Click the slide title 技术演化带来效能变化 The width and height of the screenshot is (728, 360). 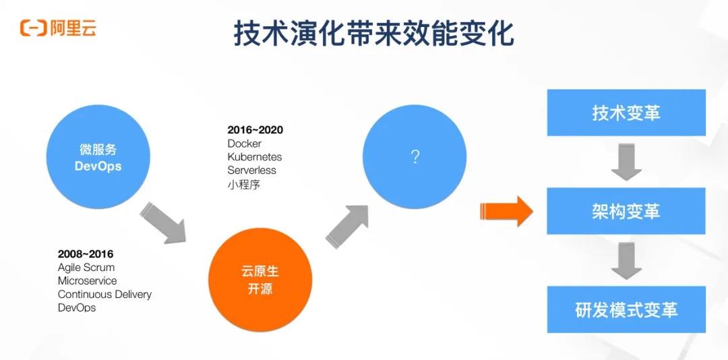(373, 33)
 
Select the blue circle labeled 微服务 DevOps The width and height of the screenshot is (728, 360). (98, 157)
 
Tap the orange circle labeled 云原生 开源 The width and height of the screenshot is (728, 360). (260, 280)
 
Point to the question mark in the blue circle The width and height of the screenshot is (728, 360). (415, 157)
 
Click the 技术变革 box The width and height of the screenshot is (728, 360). (626, 113)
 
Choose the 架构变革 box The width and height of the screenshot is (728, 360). (626, 211)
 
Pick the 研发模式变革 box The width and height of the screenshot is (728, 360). (626, 309)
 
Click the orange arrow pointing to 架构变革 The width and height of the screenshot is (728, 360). (506, 211)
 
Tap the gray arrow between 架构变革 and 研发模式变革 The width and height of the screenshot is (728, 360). (626, 260)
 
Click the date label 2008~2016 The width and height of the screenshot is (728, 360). (86, 254)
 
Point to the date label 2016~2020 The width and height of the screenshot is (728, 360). (255, 130)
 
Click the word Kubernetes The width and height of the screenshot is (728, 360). (254, 157)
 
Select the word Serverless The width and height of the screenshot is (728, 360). (251, 171)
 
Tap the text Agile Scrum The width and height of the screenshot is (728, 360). (86, 268)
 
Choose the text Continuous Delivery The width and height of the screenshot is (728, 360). (104, 295)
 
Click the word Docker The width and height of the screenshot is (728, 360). (244, 144)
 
